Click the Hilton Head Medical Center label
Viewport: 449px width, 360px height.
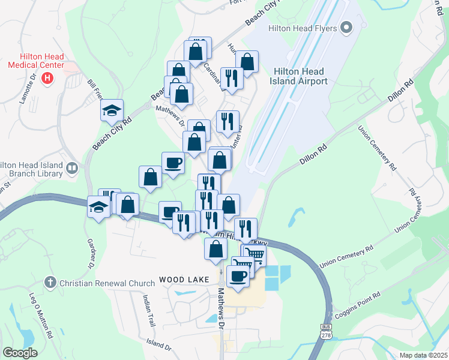click(x=37, y=61)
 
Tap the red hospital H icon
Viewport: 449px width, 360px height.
click(x=49, y=78)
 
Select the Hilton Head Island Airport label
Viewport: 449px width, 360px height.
click(x=301, y=76)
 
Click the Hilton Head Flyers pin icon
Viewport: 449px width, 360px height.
click(x=346, y=28)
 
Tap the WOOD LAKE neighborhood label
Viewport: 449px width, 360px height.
click(x=184, y=280)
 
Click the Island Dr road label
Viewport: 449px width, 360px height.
click(x=159, y=344)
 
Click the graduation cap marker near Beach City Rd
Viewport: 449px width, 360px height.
click(x=112, y=110)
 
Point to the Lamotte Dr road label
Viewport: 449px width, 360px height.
click(x=28, y=89)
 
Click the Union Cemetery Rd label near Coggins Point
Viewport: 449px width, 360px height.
click(x=347, y=256)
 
